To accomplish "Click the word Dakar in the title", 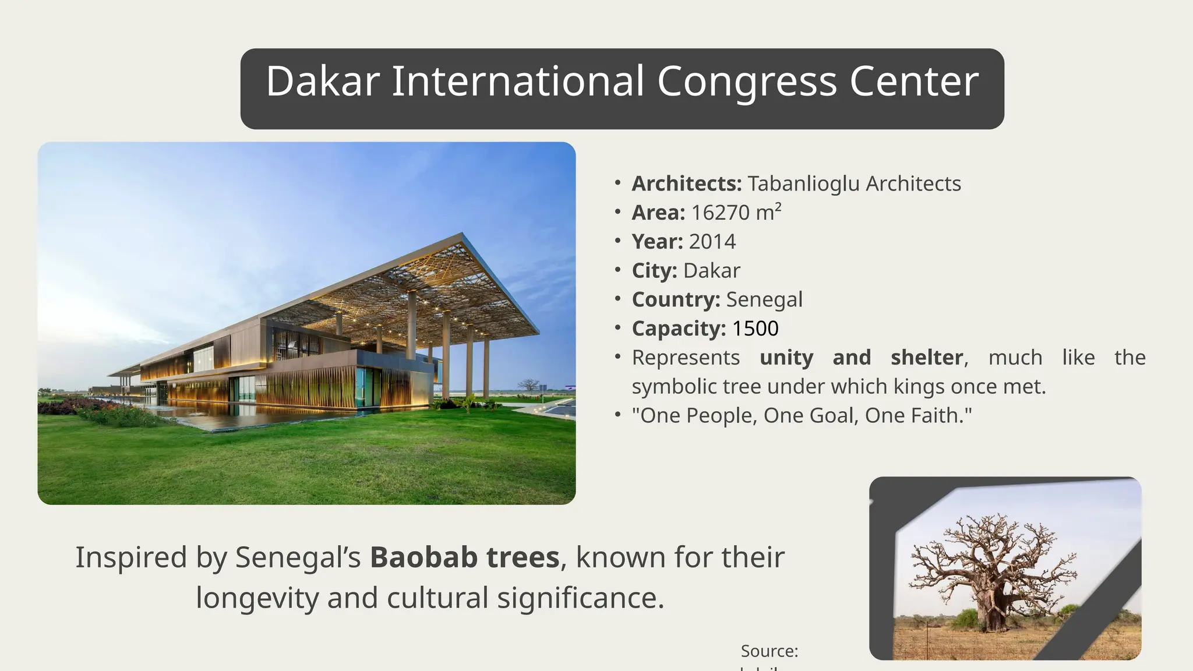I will pyautogui.click(x=323, y=82).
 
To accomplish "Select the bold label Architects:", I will pyautogui.click(x=686, y=183).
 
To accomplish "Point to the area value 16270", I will pyautogui.click(x=720, y=213).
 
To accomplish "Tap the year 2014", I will pyautogui.click(x=712, y=242).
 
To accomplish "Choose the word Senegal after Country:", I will pyautogui.click(x=764, y=299).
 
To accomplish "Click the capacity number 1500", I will pyautogui.click(x=755, y=329).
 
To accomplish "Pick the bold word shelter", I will pyautogui.click(x=926, y=358).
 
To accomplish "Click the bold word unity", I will pyautogui.click(x=786, y=358).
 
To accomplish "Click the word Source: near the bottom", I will pyautogui.click(x=769, y=651).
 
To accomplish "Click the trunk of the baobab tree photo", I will pyautogui.click(x=990, y=612).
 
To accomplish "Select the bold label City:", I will pyautogui.click(x=654, y=271).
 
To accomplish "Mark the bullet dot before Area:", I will pyautogui.click(x=617, y=212).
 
